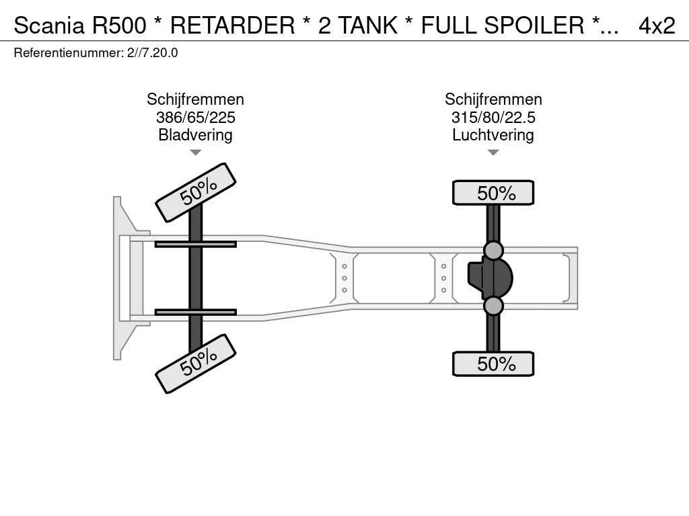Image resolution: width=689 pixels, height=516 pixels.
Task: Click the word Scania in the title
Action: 49,26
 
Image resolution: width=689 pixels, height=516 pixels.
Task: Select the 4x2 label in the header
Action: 657,26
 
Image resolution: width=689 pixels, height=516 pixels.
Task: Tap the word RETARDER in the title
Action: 232,26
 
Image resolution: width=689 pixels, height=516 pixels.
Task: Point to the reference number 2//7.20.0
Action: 153,53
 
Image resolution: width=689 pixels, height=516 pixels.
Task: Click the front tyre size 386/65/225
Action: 196,118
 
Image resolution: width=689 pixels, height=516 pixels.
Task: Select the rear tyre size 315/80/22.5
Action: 493,118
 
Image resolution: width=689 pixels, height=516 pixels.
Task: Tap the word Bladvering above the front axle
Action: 196,135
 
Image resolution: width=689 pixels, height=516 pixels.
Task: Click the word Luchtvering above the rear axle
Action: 493,135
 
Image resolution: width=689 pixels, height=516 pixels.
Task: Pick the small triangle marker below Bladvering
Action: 196,153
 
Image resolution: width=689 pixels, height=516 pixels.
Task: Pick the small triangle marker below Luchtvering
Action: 493,153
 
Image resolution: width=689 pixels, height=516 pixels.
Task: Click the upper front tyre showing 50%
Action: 196,192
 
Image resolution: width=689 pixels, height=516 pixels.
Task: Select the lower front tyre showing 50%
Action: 196,363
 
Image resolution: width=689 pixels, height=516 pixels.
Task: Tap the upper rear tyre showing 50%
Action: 493,193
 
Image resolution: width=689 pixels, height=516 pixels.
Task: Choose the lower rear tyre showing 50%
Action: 493,363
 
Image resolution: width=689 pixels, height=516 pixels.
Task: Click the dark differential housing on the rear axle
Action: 491,278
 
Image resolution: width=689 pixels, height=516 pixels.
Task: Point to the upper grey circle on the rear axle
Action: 493,251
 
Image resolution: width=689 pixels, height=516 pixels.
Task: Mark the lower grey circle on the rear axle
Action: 493,306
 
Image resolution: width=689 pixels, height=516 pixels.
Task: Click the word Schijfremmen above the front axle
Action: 196,99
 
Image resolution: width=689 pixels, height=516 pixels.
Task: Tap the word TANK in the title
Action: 368,26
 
